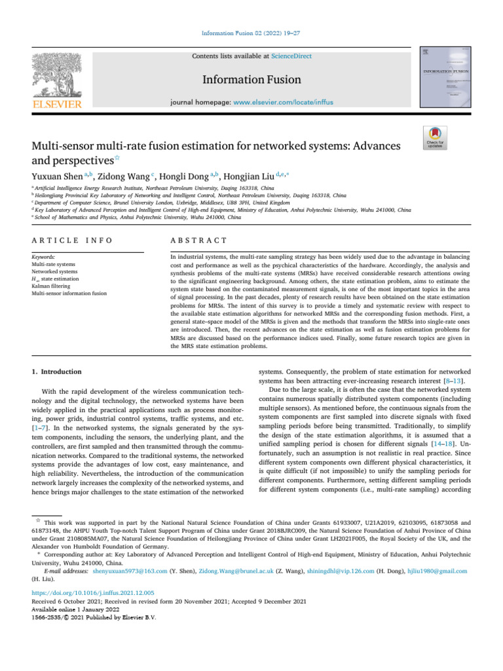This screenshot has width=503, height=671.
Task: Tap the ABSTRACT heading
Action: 198,242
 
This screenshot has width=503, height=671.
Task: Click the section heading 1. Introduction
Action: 57,372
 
